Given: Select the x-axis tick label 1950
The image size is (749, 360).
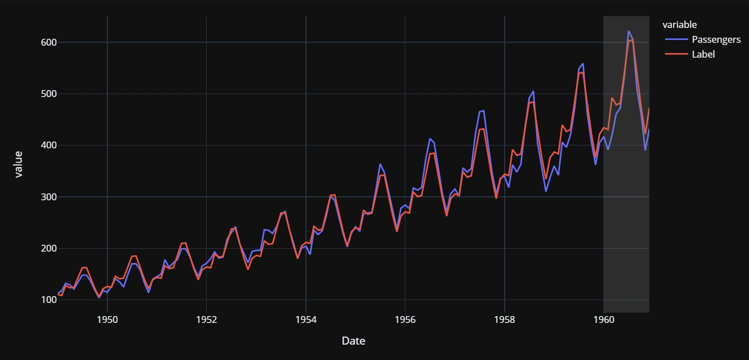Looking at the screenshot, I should (107, 320).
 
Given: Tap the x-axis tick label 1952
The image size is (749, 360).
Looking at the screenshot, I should (207, 320).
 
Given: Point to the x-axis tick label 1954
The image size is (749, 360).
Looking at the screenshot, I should (306, 320).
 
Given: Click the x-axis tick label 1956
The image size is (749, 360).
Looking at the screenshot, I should (405, 320).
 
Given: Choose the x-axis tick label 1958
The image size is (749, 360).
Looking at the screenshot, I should (505, 320).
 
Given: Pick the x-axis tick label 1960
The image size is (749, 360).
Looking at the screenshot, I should (604, 320).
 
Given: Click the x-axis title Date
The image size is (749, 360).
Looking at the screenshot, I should (353, 341).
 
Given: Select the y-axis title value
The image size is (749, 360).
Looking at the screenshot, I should (18, 164).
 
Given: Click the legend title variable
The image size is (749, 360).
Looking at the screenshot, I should (679, 25).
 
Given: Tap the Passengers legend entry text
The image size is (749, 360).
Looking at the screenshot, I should (716, 39).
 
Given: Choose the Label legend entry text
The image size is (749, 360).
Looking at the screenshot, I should (703, 54).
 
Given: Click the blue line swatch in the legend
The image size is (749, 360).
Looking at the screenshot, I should (675, 39).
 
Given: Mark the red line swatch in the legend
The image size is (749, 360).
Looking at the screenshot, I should (675, 54).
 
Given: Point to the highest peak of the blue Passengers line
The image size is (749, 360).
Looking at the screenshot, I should (629, 31).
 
